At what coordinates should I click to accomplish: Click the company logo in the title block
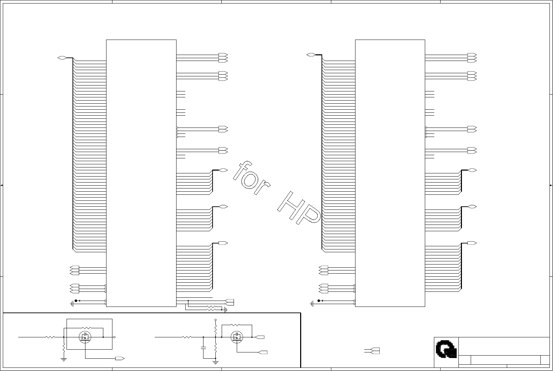pos(446,349)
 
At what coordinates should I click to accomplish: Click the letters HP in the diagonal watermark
pos(299,208)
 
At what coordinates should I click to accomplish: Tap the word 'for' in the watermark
pos(251,178)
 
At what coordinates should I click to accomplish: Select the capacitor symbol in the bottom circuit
pos(203,348)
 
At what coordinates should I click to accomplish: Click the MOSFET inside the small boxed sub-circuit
pos(85,337)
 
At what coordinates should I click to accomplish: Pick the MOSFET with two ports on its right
pos(237,337)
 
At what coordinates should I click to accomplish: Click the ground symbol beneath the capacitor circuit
pos(215,362)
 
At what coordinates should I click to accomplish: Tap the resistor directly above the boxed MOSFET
pos(87,328)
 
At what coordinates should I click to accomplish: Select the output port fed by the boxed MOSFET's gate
pos(120,358)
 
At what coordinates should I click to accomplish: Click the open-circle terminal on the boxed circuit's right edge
pos(114,337)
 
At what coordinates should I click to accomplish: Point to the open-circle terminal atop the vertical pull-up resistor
pos(215,320)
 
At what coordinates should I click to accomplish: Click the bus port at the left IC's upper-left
pos(62,58)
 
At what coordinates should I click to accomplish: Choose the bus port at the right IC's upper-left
pos(311,55)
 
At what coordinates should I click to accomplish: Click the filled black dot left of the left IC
pos(76,301)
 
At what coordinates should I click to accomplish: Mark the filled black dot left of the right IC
pos(319,301)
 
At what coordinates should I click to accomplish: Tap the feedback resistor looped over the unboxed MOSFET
pos(235,325)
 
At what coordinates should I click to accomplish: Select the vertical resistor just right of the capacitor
pos(215,348)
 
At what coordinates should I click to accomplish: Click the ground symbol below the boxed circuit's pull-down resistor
pos(64,360)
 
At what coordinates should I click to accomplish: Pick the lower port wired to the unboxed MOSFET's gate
pos(263,352)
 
